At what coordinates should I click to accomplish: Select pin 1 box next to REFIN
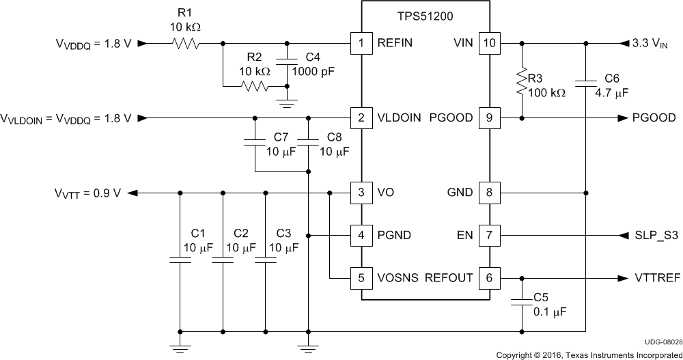359,42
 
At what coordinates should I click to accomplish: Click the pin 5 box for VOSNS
359,278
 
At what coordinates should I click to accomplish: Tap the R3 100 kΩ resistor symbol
522,81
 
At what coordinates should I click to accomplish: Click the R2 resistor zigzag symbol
254,87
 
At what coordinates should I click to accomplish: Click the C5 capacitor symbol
522,300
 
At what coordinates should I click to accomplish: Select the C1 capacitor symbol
180,260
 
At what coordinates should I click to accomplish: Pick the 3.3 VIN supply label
654,43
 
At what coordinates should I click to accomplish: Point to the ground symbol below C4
287,102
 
